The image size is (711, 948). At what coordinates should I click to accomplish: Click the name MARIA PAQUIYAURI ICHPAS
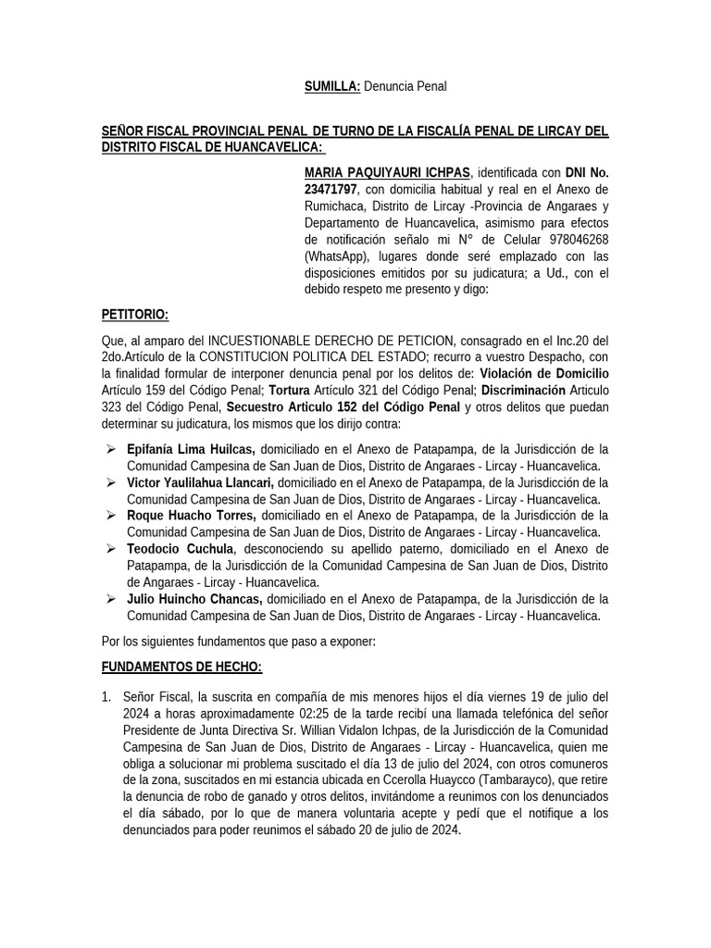click(x=387, y=172)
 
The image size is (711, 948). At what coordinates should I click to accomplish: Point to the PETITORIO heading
click(x=134, y=316)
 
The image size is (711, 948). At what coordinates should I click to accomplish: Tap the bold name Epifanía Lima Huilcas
click(x=191, y=449)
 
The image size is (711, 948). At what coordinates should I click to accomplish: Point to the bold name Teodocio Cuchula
click(x=180, y=549)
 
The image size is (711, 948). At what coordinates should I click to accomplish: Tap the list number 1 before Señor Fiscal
click(x=106, y=697)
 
